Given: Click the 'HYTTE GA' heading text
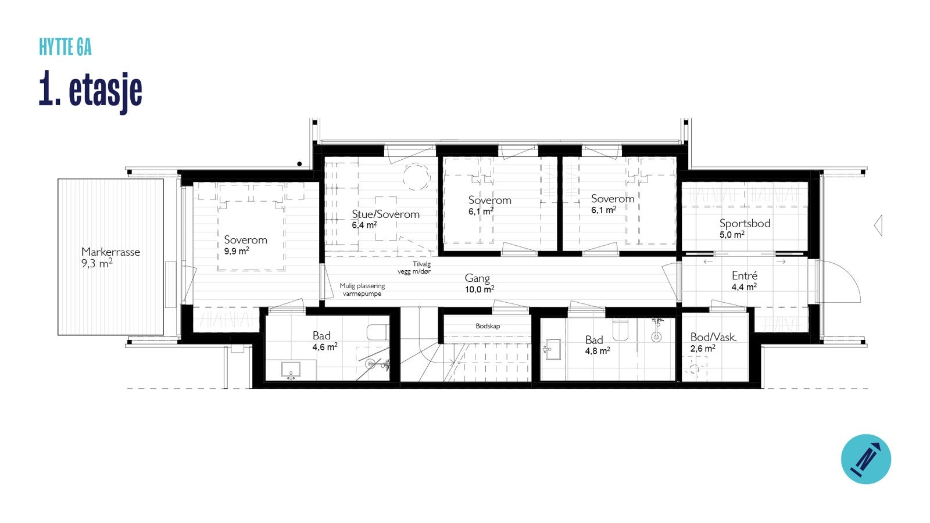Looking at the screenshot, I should (65, 48).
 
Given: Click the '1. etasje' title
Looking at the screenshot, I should (91, 90).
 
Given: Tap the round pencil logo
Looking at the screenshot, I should (865, 458).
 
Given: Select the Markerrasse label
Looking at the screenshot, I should (110, 252).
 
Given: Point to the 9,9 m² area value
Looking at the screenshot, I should (237, 252).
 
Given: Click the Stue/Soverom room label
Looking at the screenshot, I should (385, 214).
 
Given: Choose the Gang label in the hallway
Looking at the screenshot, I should (477, 278).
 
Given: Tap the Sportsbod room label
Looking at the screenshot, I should (745, 223).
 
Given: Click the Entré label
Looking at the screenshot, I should (744, 276).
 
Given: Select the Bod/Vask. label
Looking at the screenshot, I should (713, 337).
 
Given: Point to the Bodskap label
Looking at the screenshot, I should (488, 326).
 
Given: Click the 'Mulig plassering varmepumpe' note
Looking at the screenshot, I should (362, 290).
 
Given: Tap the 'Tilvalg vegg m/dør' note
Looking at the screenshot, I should (414, 267).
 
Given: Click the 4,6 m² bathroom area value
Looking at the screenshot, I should (324, 348).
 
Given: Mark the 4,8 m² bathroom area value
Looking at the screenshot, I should (597, 351).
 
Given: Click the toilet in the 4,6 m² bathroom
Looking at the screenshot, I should (378, 332).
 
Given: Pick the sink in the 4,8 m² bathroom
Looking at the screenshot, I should (553, 349).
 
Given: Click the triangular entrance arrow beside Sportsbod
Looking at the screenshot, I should (878, 225).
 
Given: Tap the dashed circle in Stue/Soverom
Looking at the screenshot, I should (416, 176).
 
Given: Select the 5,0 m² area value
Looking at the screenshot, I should (732, 235).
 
